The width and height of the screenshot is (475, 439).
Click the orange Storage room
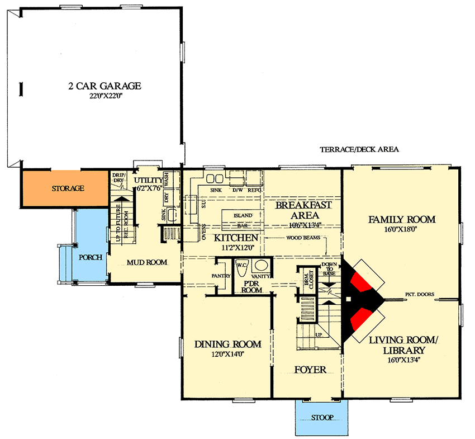66,188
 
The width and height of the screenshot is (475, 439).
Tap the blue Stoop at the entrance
321,418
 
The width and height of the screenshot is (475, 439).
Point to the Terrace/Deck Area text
359,150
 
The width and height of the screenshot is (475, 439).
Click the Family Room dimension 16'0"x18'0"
401,229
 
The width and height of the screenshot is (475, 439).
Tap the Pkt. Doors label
415,294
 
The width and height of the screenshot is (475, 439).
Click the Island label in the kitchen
243,215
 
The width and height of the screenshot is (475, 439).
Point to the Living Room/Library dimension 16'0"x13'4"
397,361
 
